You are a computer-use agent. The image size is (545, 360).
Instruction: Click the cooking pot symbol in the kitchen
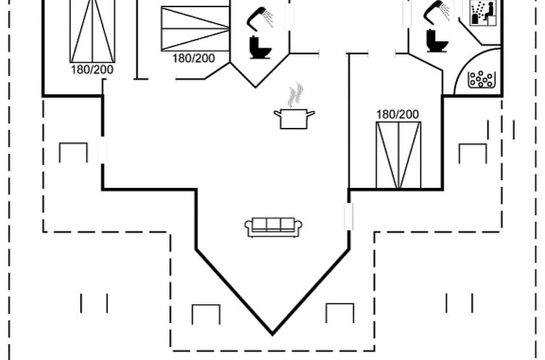[294, 119]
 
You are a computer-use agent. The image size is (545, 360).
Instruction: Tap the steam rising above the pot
[295, 95]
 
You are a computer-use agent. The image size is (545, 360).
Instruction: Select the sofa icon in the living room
[273, 227]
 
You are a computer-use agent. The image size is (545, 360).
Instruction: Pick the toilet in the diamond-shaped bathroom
[259, 47]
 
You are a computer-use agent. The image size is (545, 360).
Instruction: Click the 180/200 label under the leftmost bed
[92, 69]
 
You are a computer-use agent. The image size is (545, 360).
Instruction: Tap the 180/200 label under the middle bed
[193, 58]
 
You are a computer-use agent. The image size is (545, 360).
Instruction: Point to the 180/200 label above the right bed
[398, 114]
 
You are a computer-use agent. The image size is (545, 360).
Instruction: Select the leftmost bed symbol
[93, 30]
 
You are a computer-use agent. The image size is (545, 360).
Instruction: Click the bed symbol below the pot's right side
[398, 155]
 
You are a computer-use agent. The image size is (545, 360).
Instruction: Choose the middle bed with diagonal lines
[194, 29]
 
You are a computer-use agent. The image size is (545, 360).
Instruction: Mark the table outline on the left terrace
[73, 153]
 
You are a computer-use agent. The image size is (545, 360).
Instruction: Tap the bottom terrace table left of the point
[206, 314]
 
